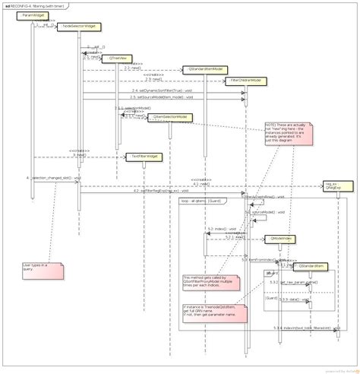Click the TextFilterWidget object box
click(144, 157)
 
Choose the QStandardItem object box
click(312, 265)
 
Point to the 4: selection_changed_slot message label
click(53, 178)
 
